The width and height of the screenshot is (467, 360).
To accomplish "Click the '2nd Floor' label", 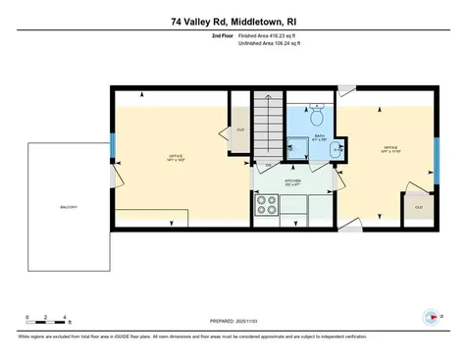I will (223, 35).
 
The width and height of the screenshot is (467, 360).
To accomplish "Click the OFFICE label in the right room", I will (389, 148).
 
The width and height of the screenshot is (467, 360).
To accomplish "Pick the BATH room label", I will (319, 137).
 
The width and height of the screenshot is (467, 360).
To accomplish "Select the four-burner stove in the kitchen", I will (267, 204).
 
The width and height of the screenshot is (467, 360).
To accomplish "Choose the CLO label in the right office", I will (418, 207).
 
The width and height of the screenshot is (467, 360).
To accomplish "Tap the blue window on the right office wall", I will (436, 151).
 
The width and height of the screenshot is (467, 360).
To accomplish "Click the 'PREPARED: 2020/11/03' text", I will (233, 321).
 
